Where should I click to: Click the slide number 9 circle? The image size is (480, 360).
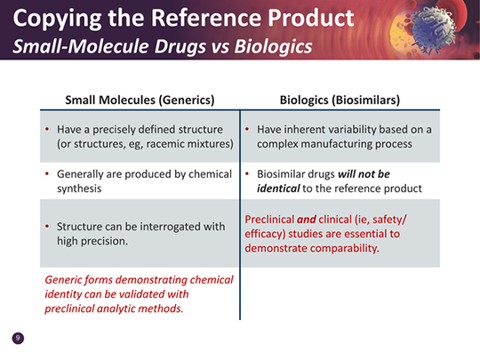click(18, 339)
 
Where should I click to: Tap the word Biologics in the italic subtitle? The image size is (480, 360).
click(273, 46)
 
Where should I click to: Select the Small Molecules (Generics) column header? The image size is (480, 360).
click(140, 100)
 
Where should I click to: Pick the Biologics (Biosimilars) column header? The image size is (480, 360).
click(340, 100)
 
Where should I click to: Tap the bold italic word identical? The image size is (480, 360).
click(278, 188)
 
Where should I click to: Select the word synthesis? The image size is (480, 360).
click(79, 188)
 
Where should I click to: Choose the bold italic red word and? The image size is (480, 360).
click(307, 220)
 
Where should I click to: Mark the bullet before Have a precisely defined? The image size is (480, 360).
click(47, 129)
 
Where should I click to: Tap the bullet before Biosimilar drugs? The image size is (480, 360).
click(247, 174)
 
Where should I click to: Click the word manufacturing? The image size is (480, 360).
click(335, 144)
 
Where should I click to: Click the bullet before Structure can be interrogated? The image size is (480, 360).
click(47, 227)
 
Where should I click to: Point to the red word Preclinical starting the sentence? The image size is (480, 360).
click(269, 220)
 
